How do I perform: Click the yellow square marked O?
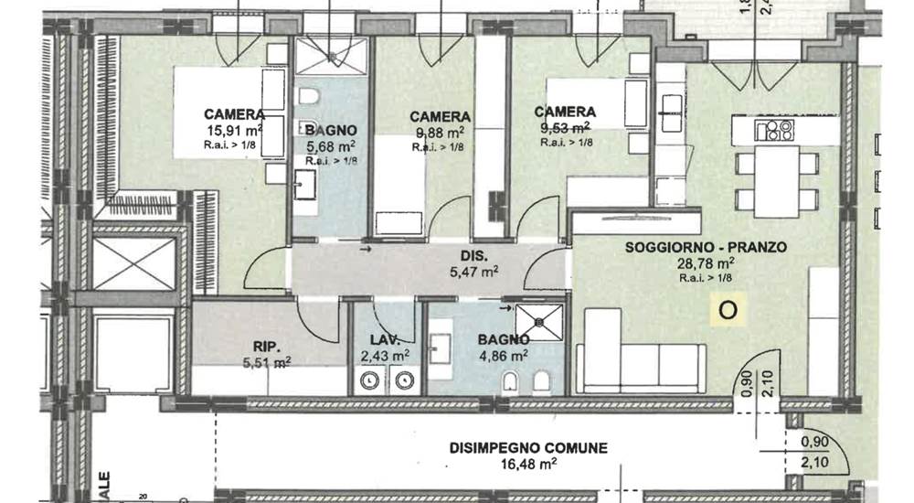click(x=728, y=310)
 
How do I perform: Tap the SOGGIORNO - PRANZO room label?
click(x=693, y=248)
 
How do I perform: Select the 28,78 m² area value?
click(x=693, y=264)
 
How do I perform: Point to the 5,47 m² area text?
click(x=474, y=272)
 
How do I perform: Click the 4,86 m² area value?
click(x=505, y=355)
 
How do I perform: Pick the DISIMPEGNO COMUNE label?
click(x=528, y=448)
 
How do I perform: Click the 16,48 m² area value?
click(x=528, y=465)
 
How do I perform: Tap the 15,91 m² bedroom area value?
click(x=235, y=131)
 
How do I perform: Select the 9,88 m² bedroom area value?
click(x=440, y=132)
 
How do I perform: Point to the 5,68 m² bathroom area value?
click(x=330, y=145)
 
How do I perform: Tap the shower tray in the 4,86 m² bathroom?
click(x=540, y=321)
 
